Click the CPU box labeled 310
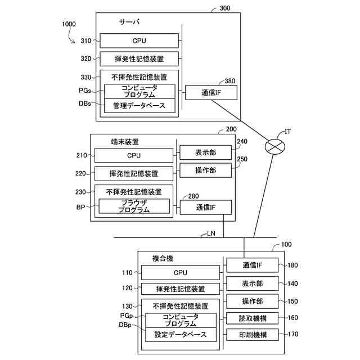tap(139, 40)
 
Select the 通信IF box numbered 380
tap(211, 92)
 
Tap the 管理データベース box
tap(139, 106)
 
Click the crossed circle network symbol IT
tap(275, 146)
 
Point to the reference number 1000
tap(69, 24)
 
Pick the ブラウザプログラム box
tap(134, 206)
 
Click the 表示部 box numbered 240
tap(205, 152)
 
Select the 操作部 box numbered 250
tap(205, 170)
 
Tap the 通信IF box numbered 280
tap(206, 208)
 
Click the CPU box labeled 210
tap(134, 155)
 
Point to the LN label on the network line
tap(211, 233)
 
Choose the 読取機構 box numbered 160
tap(253, 318)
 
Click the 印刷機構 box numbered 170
tap(253, 335)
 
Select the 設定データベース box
tap(181, 335)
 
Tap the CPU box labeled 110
tap(181, 272)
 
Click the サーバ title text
tap(129, 22)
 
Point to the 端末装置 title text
tap(125, 142)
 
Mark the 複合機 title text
tap(163, 259)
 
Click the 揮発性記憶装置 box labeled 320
tap(139, 58)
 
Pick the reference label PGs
tap(85, 91)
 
